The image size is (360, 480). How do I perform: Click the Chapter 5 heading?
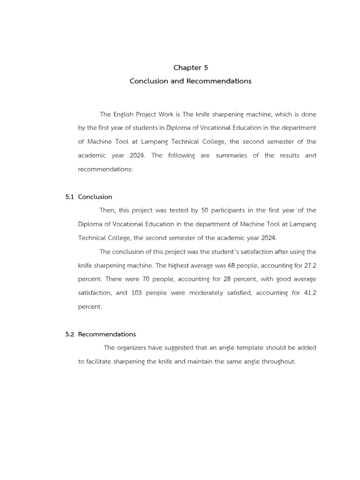[x=190, y=67]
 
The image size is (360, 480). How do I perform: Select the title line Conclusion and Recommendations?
[x=190, y=81]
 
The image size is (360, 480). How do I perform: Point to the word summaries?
[x=231, y=155]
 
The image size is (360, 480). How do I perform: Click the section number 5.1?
[x=70, y=197]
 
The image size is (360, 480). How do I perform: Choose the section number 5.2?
[x=70, y=334]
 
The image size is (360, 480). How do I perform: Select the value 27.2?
[x=310, y=265]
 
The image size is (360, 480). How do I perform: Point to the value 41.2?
[x=309, y=293]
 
